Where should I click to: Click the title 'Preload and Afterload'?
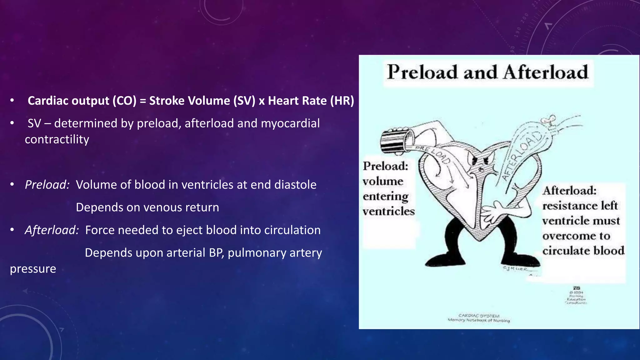tap(487, 72)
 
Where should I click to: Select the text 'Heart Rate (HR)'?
tap(311, 101)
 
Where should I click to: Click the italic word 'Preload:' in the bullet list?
tap(47, 185)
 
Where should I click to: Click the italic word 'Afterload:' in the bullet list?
tap(52, 230)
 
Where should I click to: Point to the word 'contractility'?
tap(57, 139)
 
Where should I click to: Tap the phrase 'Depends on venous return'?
tap(147, 207)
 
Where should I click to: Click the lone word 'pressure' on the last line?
tap(33, 269)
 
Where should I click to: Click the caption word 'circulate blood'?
tap(583, 251)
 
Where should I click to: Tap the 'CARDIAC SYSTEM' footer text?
tap(479, 316)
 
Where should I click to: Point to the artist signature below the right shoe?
tap(516, 269)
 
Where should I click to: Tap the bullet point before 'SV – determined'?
tap(12, 123)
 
